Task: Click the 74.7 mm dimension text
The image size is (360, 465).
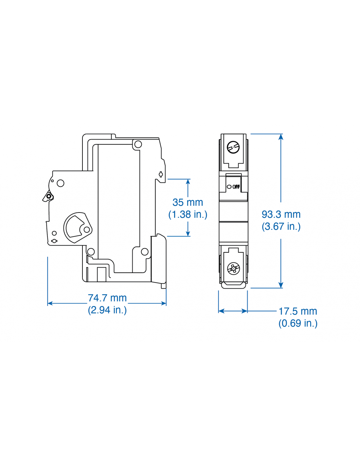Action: (x=107, y=298)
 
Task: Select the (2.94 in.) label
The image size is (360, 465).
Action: (x=107, y=310)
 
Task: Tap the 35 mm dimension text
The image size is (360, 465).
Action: (x=188, y=202)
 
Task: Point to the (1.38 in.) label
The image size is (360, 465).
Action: (x=188, y=215)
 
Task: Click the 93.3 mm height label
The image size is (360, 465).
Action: (x=281, y=215)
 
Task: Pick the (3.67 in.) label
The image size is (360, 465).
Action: (x=281, y=226)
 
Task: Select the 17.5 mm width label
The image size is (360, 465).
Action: (x=297, y=311)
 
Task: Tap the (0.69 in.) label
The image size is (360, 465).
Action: (x=298, y=323)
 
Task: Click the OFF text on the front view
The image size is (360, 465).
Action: (x=236, y=187)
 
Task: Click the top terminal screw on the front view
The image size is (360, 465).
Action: (x=233, y=147)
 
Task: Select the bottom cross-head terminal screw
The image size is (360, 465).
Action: (x=233, y=269)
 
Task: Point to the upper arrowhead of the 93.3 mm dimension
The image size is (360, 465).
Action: (x=281, y=137)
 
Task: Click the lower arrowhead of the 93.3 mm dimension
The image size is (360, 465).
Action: (x=281, y=285)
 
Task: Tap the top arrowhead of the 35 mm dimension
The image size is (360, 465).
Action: (x=188, y=182)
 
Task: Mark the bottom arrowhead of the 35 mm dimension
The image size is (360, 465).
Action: (x=188, y=233)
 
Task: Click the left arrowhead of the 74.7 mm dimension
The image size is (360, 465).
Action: (x=50, y=303)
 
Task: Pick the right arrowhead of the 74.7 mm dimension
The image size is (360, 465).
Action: (x=164, y=303)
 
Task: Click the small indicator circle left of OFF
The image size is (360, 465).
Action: (x=229, y=187)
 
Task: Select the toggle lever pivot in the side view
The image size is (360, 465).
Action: (x=49, y=196)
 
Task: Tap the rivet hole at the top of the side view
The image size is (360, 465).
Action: (x=138, y=144)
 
